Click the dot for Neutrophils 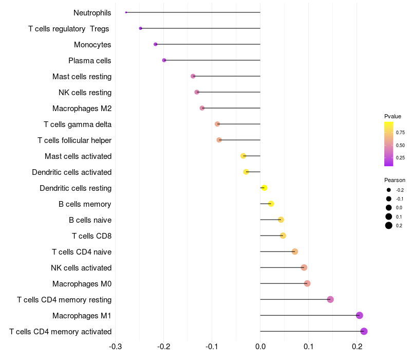coord(126,12)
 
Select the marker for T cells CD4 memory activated coord(364,331)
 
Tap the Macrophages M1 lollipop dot coord(360,315)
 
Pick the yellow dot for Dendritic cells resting coord(264,188)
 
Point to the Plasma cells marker coord(164,60)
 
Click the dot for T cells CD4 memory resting coord(330,299)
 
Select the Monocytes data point coord(156,44)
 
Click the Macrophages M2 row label coord(82,109)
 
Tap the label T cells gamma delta coord(78,124)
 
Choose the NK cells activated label coord(81,268)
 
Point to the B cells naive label coord(90,220)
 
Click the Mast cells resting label coord(82,77)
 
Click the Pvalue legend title coord(393,116)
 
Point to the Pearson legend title coord(395,180)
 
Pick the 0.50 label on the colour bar coord(400,146)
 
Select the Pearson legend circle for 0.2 coord(389,225)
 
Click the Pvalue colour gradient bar coord(389,144)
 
